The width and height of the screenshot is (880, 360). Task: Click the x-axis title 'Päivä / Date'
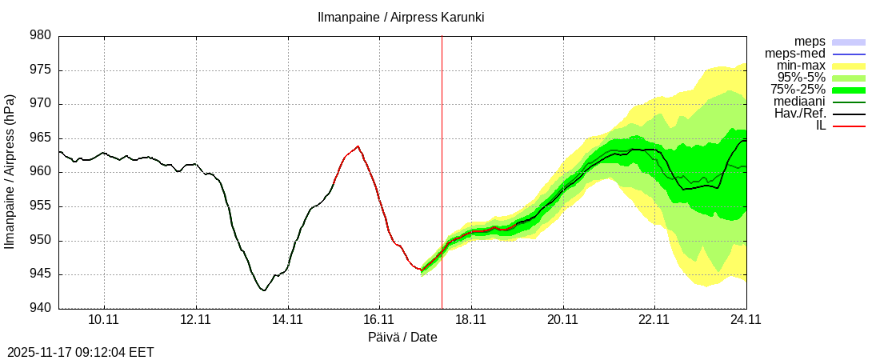coord(402,337)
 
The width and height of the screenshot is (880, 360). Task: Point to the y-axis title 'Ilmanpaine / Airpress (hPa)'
coord(10,172)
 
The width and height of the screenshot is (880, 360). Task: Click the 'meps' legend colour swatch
coord(849,42)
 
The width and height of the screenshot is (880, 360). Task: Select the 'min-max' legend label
coord(801,66)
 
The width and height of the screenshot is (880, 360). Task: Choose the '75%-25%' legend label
coord(798,90)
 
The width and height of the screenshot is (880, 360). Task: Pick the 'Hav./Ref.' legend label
coord(800,114)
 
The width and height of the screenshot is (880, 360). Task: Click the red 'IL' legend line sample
coord(849,126)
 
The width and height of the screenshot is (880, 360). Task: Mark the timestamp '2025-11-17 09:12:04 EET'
coord(80,352)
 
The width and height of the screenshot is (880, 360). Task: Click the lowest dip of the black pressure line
coord(263,290)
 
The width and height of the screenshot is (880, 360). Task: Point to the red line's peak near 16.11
coord(358,146)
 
